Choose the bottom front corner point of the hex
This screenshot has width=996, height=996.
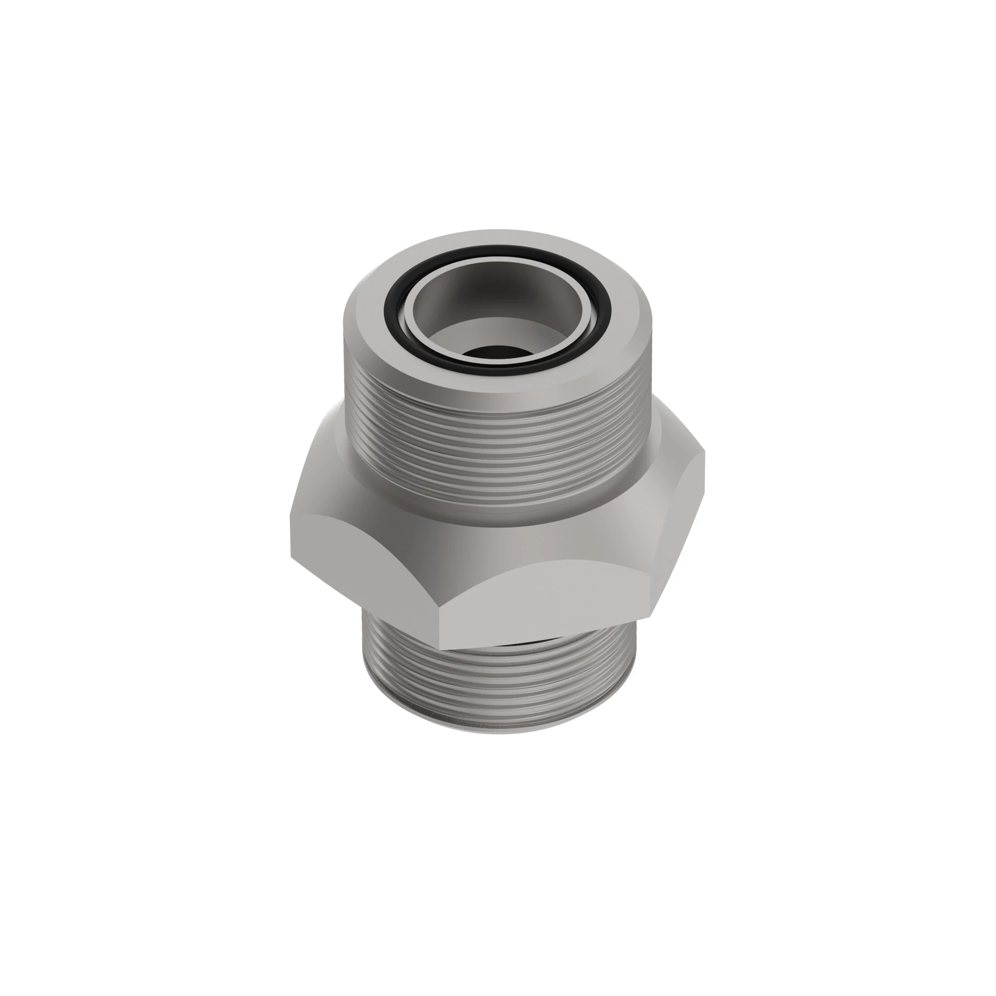coord(440,648)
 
